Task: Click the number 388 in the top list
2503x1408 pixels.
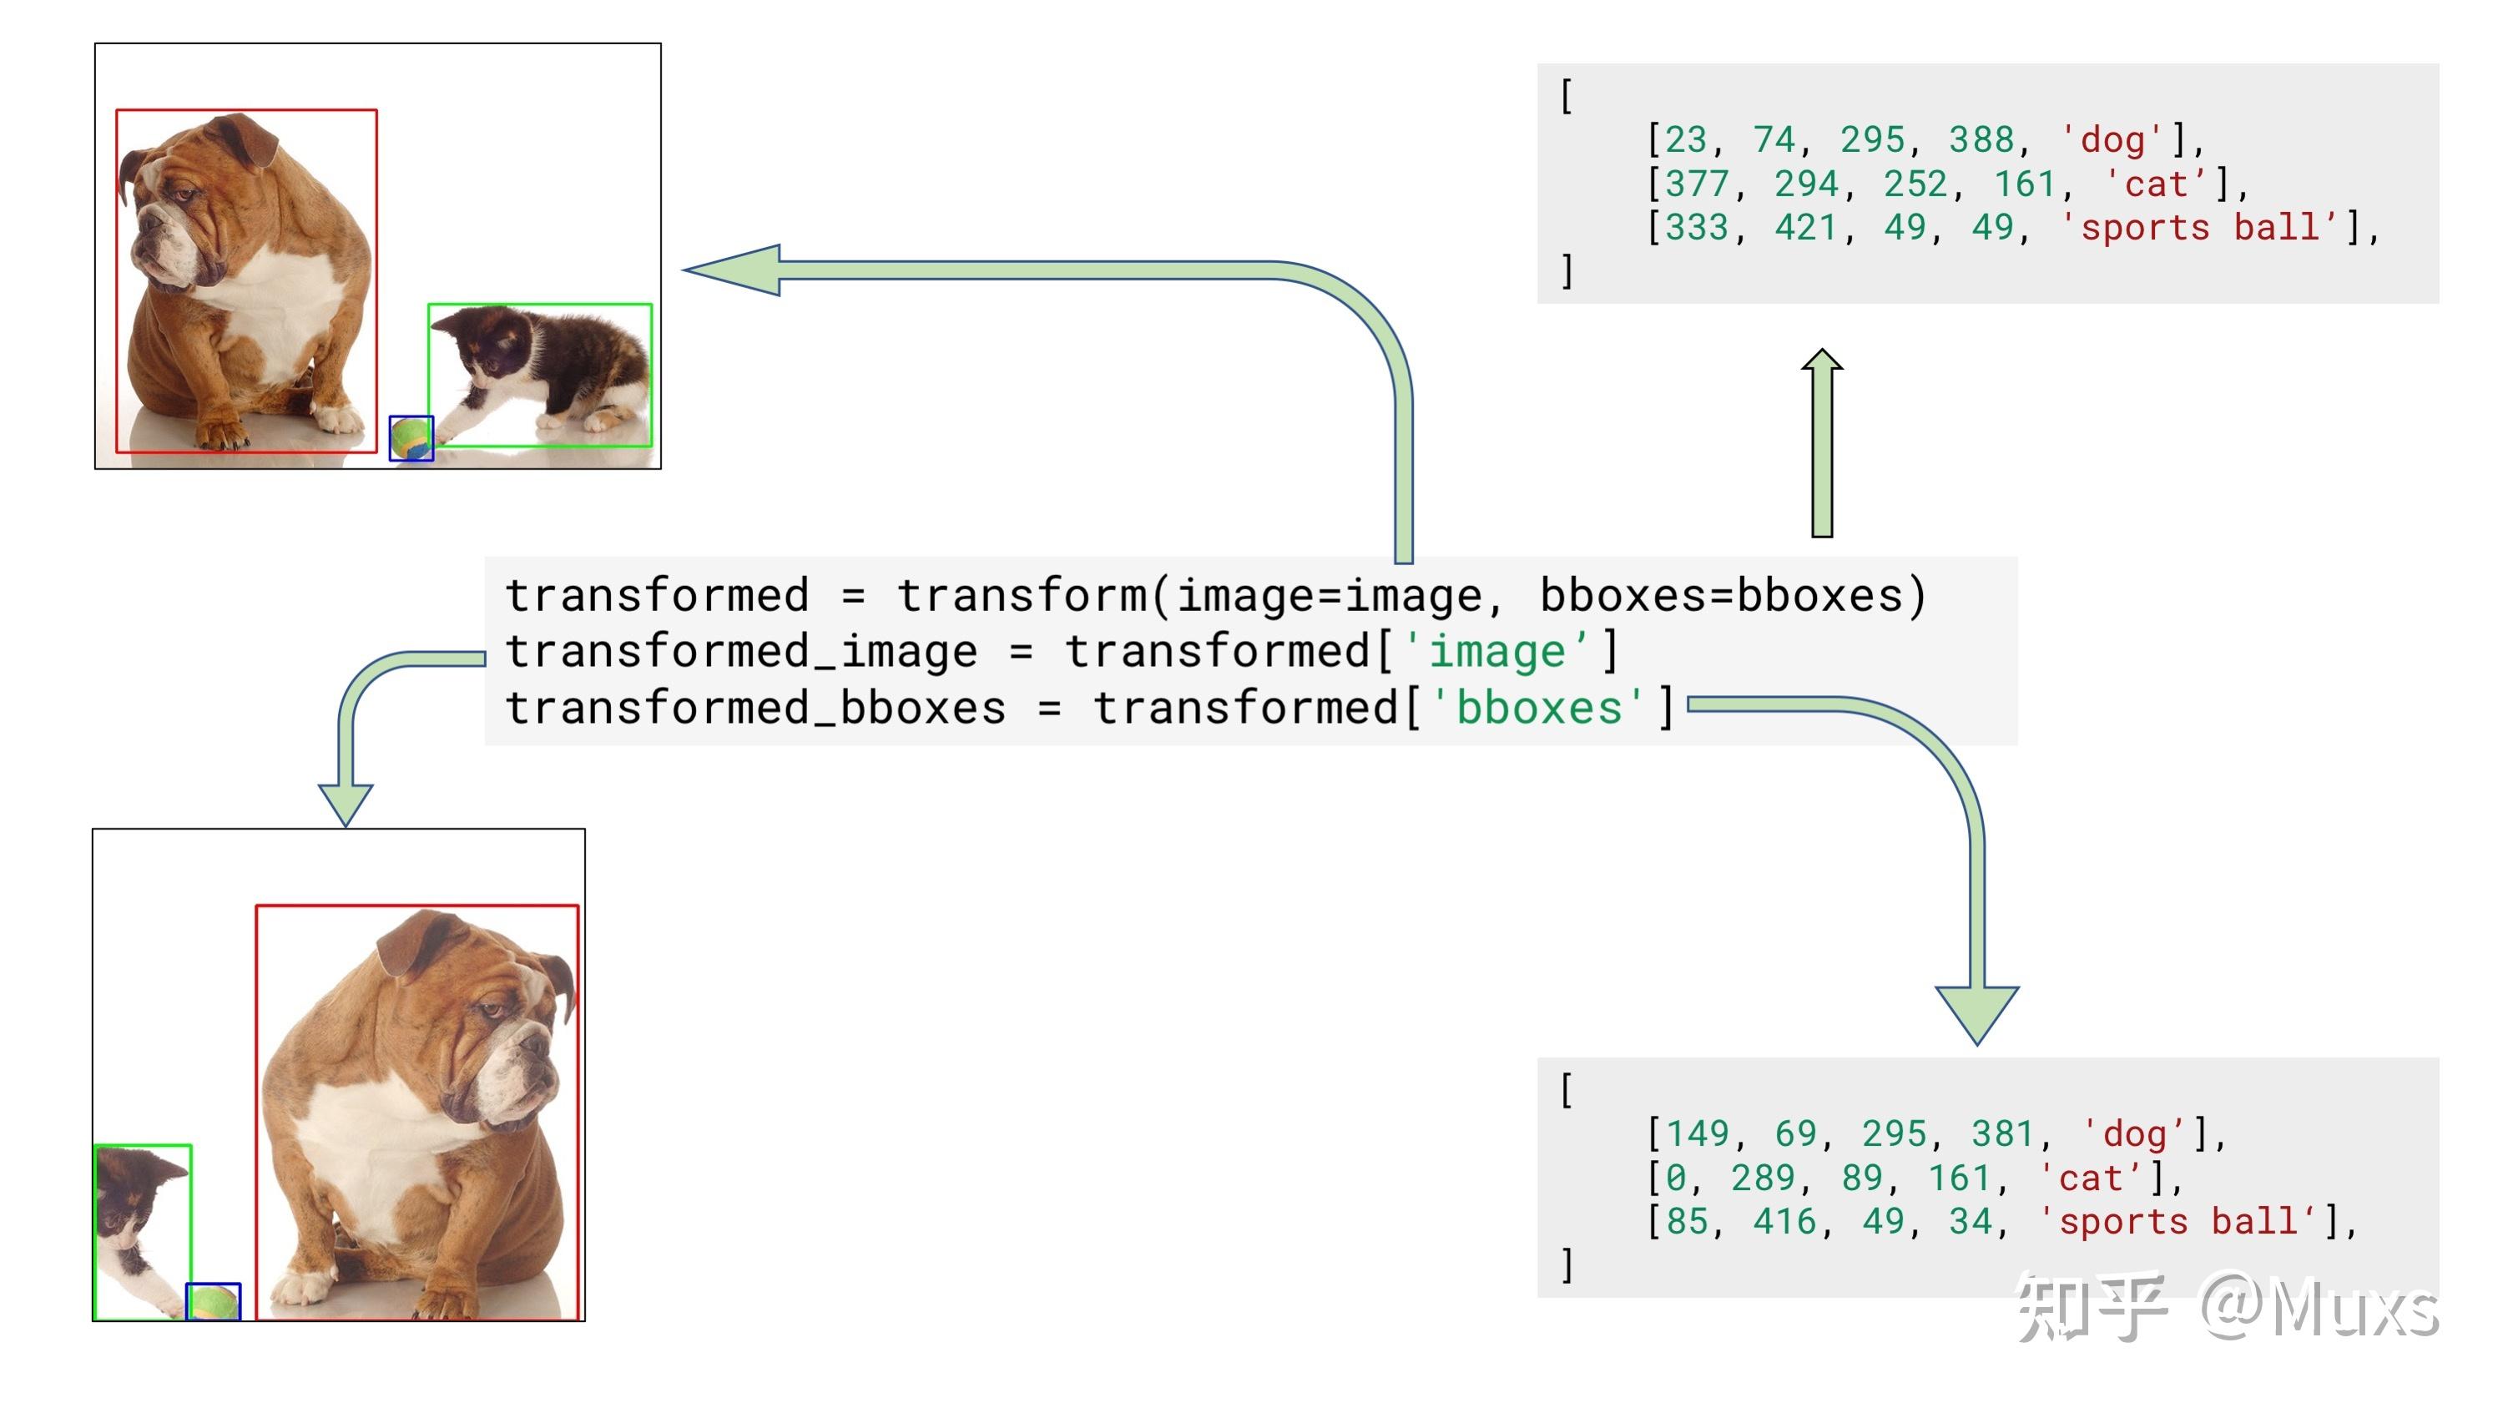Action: click(x=1981, y=140)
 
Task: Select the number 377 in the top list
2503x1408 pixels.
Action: click(x=1698, y=184)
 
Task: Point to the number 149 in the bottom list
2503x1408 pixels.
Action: click(x=1698, y=1134)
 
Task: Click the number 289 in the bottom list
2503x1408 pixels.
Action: click(x=1763, y=1178)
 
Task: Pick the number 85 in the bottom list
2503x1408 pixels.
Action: click(x=1687, y=1221)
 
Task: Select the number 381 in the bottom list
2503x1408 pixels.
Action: click(x=2002, y=1134)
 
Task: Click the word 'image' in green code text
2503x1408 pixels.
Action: click(x=1497, y=651)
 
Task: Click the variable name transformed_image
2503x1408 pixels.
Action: click(x=741, y=651)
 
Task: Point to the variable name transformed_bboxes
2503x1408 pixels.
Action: click(x=756, y=708)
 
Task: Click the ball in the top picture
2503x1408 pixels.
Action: click(x=411, y=438)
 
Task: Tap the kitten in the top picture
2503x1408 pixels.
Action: click(x=540, y=375)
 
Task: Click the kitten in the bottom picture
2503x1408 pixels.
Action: click(x=142, y=1232)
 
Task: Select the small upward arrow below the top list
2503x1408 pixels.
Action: click(x=1822, y=443)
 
